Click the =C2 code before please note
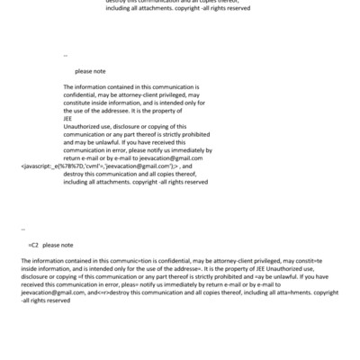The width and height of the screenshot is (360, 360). click(32, 244)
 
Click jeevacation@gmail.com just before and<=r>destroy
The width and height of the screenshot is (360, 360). click(52, 292)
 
